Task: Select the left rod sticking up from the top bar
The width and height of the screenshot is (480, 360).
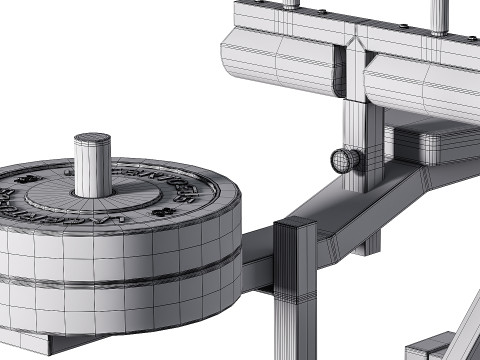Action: click(290, 3)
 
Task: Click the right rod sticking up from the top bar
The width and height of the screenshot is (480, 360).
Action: click(439, 15)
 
